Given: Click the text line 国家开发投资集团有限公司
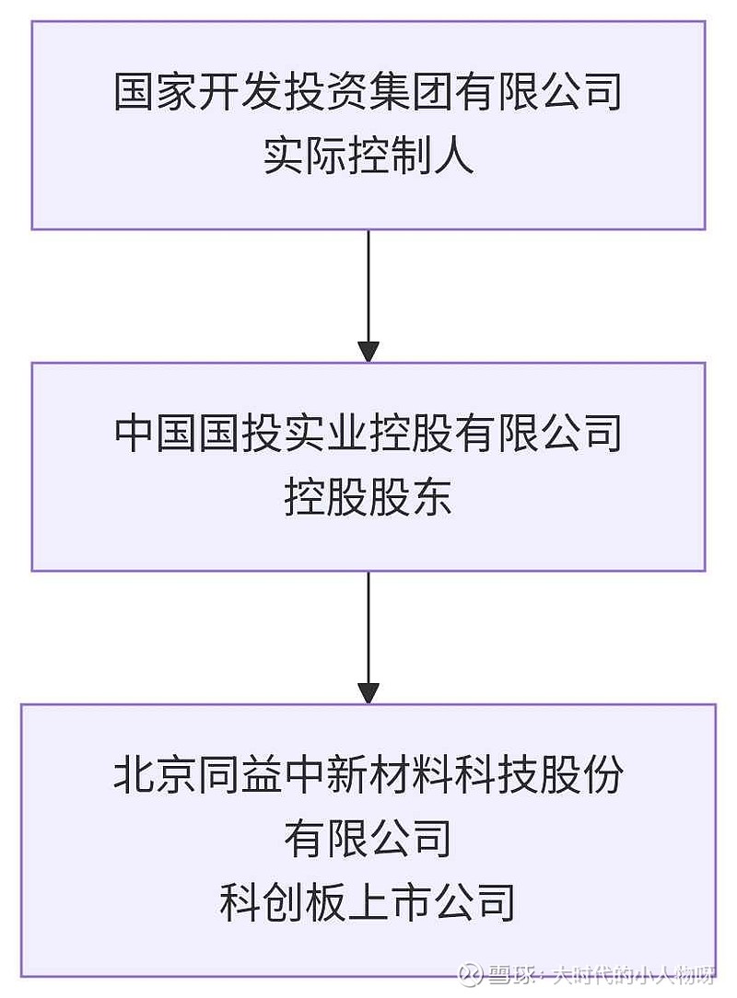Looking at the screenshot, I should point(368,93).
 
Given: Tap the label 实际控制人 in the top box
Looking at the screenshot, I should point(368,157).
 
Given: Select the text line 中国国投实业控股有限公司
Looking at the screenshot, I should point(368,434).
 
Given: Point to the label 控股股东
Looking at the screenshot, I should point(368,498).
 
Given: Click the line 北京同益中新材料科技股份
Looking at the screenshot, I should point(368,775).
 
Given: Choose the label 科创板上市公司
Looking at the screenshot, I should point(368,903).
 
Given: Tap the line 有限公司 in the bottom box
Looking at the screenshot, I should point(368,840).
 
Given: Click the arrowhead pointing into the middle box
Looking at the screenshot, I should point(368,352).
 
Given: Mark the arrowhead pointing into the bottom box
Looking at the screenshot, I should point(368,693).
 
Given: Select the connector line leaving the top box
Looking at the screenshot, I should point(368,285).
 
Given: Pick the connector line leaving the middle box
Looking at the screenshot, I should point(368,626).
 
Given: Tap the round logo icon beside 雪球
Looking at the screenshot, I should point(473,976).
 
